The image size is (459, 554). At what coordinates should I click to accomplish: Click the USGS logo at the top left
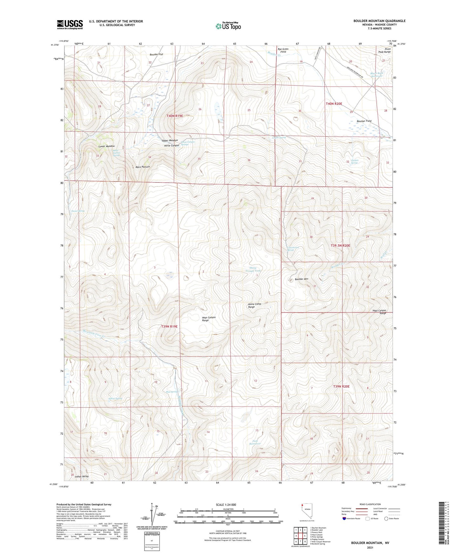pyautogui.click(x=70, y=24)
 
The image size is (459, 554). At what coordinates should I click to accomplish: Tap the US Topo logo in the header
pyautogui.click(x=228, y=26)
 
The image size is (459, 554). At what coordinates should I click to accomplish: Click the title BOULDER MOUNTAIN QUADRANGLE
pyautogui.click(x=379, y=21)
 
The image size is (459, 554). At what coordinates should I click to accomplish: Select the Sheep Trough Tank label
pyautogui.click(x=253, y=269)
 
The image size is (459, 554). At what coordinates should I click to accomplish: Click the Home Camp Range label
pyautogui.click(x=254, y=306)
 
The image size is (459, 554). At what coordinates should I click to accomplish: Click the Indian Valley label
pyautogui.click(x=82, y=477)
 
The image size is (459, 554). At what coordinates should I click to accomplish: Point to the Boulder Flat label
pyautogui.click(x=156, y=55)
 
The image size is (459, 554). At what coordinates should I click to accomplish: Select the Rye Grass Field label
pyautogui.click(x=283, y=50)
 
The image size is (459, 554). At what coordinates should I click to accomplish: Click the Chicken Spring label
pyautogui.click(x=354, y=162)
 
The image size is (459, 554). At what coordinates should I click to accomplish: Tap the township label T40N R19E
pyautogui.click(x=175, y=116)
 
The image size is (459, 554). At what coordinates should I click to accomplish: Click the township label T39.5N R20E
pyautogui.click(x=340, y=246)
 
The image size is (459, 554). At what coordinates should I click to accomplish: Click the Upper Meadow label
pyautogui.click(x=170, y=141)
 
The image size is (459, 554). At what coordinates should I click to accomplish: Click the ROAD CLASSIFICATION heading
pyautogui.click(x=370, y=505)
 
